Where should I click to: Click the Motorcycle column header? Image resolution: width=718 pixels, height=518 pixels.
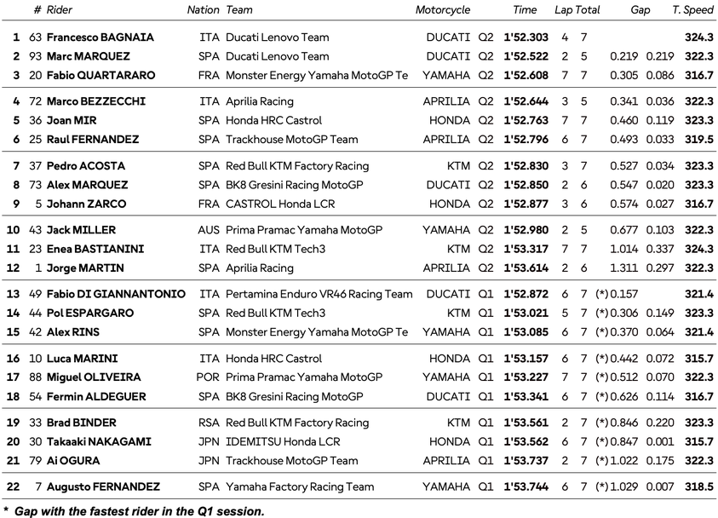(x=442, y=10)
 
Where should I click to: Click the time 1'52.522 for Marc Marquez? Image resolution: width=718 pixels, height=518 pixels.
(x=526, y=56)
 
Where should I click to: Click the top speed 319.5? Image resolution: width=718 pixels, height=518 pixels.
(x=698, y=140)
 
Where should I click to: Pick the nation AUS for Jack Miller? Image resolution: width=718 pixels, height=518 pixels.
(x=209, y=230)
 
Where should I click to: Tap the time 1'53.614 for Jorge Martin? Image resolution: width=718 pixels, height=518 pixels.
(x=526, y=268)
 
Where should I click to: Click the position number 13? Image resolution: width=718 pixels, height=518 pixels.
(x=13, y=294)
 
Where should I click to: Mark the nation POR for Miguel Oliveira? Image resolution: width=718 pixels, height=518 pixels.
(x=208, y=377)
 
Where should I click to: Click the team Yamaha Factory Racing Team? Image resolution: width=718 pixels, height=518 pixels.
(x=300, y=486)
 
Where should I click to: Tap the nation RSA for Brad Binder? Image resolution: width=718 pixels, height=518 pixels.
(x=209, y=423)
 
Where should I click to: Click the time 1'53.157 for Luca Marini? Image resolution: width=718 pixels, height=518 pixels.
(x=526, y=359)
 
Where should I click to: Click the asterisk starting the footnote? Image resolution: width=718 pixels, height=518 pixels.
(x=5, y=510)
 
